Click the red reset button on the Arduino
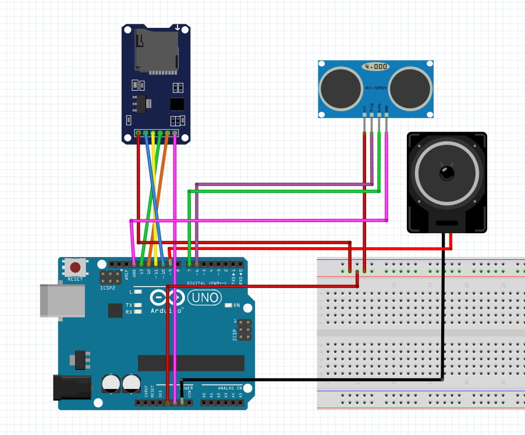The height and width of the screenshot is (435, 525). point(75,268)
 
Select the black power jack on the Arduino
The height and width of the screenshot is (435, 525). point(72,387)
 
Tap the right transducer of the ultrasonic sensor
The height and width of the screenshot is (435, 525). point(410,88)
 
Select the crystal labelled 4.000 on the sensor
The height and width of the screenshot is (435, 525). point(375,67)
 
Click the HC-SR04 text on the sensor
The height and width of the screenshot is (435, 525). point(375,88)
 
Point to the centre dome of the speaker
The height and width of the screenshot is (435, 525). point(447,172)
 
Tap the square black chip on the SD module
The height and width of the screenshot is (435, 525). point(176,104)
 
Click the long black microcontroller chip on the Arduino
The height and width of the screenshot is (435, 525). point(191,363)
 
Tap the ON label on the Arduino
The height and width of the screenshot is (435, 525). point(237,305)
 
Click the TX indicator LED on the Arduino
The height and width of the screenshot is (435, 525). point(137,305)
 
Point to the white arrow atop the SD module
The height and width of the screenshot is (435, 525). point(178,27)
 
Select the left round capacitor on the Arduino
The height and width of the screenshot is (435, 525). point(111,383)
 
